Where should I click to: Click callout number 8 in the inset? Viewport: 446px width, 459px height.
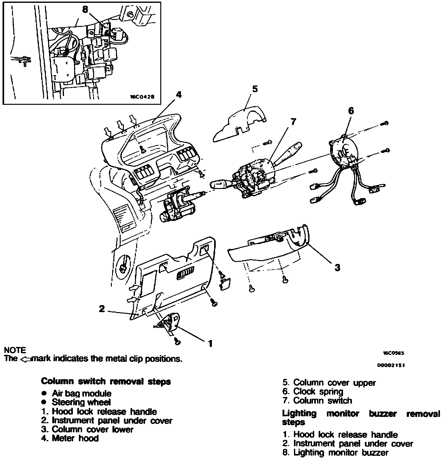pos(85,10)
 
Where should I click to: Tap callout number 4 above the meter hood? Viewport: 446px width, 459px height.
pos(179,94)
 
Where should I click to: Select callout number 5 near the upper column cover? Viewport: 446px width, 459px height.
pos(255,89)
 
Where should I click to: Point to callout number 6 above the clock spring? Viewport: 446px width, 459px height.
pos(351,111)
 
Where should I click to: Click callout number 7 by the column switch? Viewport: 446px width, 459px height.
pos(293,121)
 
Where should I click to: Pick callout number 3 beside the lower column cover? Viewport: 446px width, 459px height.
pos(337,267)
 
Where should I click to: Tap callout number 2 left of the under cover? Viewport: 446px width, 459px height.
pos(102,308)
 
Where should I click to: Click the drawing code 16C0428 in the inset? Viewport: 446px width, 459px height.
pos(142,97)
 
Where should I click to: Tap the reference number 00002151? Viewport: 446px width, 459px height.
pos(391,365)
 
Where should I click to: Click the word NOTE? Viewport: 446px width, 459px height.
pos(15,350)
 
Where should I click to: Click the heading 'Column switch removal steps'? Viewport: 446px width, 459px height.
pos(106,381)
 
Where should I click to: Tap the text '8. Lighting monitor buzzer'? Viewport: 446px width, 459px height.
pos(335,453)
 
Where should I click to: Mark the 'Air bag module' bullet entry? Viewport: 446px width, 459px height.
pos(81,393)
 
